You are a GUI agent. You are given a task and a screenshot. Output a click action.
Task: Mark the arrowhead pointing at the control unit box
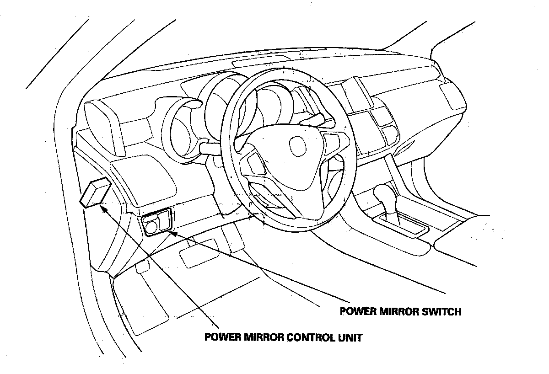pos(103,208)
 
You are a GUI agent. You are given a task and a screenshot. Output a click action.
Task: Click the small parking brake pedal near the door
pos(142,267)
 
